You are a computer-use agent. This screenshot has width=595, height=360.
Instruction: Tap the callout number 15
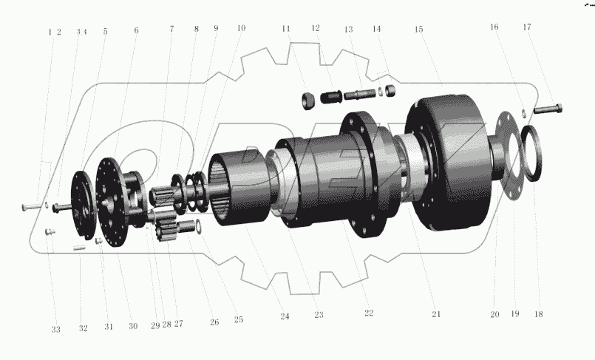tap(419, 30)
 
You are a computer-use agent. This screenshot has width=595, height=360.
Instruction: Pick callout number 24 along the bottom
tap(284, 316)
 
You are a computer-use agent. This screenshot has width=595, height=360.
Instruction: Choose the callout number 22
tap(368, 313)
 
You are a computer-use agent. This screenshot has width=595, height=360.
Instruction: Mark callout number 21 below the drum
tap(436, 314)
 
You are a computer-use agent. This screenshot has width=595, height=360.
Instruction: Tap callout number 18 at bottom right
tap(538, 314)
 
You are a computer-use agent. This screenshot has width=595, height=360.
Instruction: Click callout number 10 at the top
tap(241, 29)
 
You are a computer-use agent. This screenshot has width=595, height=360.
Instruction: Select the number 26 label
tap(214, 322)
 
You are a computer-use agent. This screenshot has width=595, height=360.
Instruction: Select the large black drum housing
tap(447, 163)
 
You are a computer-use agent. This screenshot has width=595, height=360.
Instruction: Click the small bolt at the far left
tap(30, 206)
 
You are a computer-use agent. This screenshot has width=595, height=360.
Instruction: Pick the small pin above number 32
tap(81, 248)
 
